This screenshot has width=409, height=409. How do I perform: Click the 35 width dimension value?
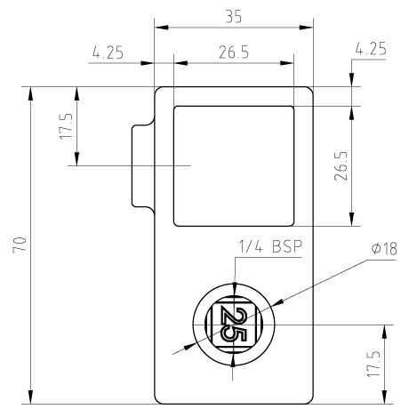click(x=234, y=17)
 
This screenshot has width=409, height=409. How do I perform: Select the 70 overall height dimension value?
click(x=20, y=245)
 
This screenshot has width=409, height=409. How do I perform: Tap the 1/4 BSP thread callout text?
click(x=270, y=246)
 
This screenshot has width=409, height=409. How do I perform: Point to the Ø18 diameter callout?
click(x=384, y=249)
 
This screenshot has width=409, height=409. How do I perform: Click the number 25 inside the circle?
click(x=234, y=325)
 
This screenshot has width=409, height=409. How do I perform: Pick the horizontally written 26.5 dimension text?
click(x=234, y=52)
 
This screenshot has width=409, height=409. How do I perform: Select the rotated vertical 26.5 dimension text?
click(x=341, y=166)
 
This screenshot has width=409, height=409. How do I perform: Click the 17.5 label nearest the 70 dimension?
click(x=66, y=126)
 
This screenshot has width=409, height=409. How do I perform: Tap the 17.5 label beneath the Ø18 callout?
click(x=373, y=364)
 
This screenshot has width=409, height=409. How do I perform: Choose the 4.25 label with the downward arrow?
click(x=371, y=49)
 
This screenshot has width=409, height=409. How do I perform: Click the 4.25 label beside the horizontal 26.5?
click(x=108, y=52)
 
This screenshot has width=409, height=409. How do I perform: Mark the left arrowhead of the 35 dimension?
click(x=161, y=28)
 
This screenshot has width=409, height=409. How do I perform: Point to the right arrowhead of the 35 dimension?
click(x=306, y=28)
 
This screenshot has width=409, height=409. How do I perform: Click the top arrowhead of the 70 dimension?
click(x=30, y=94)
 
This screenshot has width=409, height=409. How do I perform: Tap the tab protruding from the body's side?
click(x=143, y=166)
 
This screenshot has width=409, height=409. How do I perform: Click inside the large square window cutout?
click(x=234, y=166)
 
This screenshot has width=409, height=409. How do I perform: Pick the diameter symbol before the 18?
click(x=376, y=249)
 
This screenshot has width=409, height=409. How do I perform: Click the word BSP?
click(x=287, y=246)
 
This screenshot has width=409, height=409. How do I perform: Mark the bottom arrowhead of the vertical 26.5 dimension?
click(x=352, y=219)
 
